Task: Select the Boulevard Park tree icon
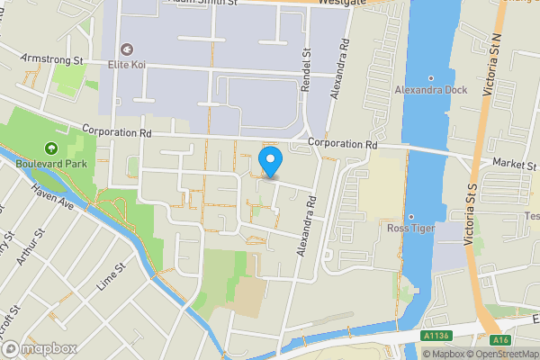[x=51, y=149]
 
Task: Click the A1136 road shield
[x=436, y=337]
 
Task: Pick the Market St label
[x=513, y=163]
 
